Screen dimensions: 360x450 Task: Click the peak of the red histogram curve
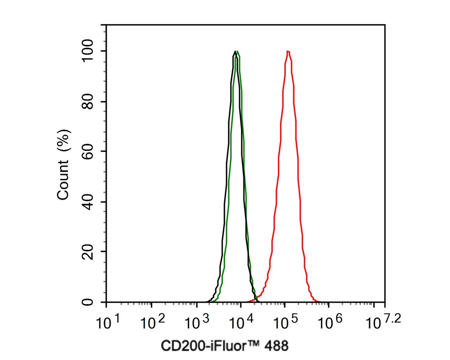[x=288, y=51]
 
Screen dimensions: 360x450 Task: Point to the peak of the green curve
[x=238, y=51]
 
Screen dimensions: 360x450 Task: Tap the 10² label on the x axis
[x=150, y=323]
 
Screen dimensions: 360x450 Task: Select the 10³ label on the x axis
[x=195, y=323]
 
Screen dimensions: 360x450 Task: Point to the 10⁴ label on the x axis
[x=240, y=323]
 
